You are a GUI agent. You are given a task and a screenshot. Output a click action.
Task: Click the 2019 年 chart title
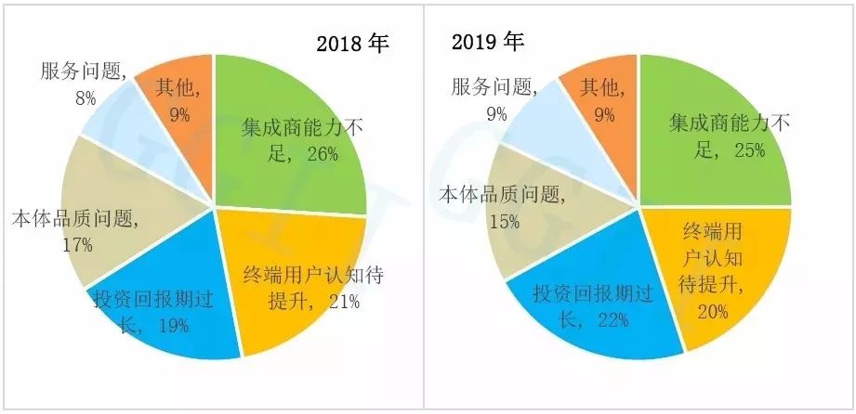[x=488, y=42]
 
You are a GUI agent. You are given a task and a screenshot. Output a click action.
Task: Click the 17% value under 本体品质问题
[x=77, y=245]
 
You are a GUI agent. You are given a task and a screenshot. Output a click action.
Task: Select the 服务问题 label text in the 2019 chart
[x=494, y=87]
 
